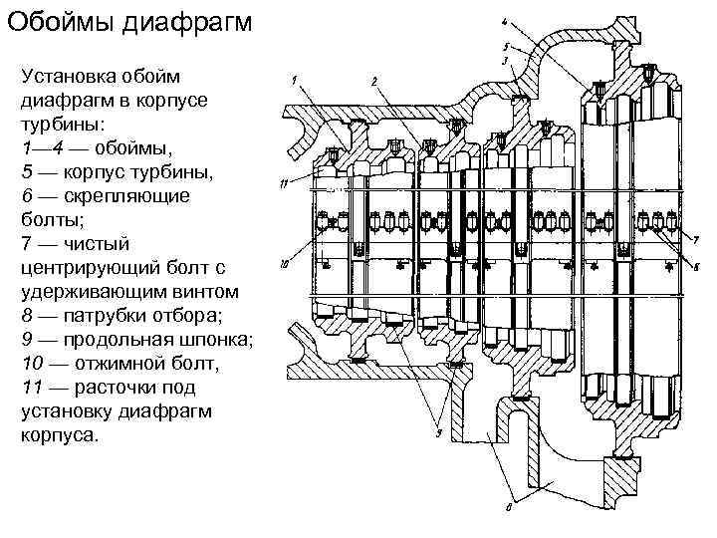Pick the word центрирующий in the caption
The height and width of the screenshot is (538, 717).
[x=88, y=268]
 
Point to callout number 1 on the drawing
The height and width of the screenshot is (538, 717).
[x=296, y=80]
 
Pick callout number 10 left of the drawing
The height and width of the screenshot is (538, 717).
[x=284, y=265]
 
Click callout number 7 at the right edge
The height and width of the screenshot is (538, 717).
[x=695, y=239]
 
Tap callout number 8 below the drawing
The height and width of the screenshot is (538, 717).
[x=509, y=505]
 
